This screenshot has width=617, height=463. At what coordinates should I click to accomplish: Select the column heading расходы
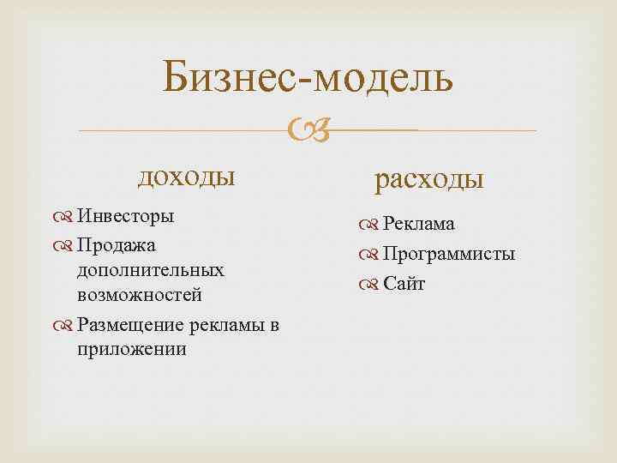(x=429, y=178)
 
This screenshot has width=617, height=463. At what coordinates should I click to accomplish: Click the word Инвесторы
(x=125, y=215)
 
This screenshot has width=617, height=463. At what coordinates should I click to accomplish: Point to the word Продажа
(x=116, y=245)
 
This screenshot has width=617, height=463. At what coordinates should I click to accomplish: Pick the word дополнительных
(x=151, y=270)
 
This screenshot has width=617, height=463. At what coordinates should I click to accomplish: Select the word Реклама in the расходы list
(x=418, y=225)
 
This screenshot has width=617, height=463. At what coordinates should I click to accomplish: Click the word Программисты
(x=449, y=254)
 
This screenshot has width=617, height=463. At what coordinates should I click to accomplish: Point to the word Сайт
(x=404, y=283)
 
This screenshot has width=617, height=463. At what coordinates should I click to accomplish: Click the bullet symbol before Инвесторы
(x=65, y=216)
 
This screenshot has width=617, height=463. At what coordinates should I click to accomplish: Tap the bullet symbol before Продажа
(x=65, y=246)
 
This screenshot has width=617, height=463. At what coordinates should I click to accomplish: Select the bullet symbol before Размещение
(x=65, y=325)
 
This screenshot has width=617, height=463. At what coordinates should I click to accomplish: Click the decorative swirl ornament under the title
(x=306, y=131)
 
